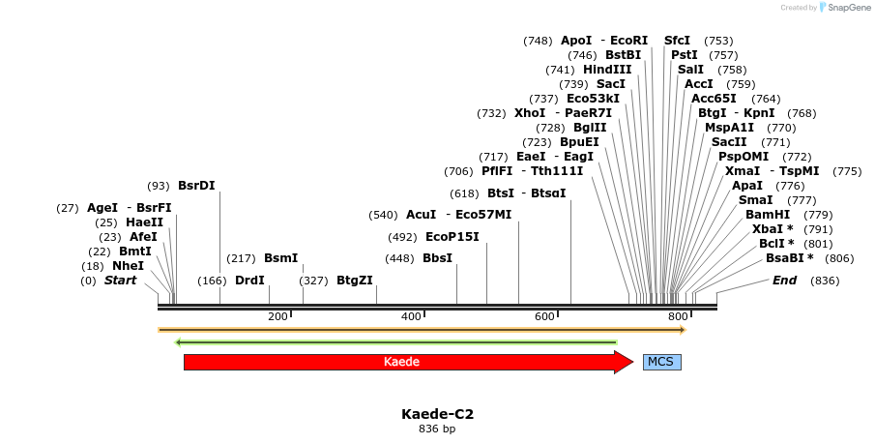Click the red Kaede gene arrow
pos(401,362)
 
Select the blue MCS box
pos(661,362)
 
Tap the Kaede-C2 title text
pos(437,414)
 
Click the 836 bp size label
pos(437,429)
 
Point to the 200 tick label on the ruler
pos(277,317)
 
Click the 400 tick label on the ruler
pos(411,317)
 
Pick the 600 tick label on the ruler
pos(544,317)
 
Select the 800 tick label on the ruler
pos(678,317)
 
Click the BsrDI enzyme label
pos(196,186)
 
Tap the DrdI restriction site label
pos(249,281)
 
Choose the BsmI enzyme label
pos(280,258)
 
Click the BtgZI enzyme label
pos(354,281)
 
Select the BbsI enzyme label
pos(437,258)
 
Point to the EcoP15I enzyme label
pos(452,237)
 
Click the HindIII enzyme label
pos(607,70)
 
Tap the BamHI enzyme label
pos(768,214)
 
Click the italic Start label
pos(121,281)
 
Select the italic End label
pos(784,281)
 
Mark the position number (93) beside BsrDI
pos(159,186)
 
